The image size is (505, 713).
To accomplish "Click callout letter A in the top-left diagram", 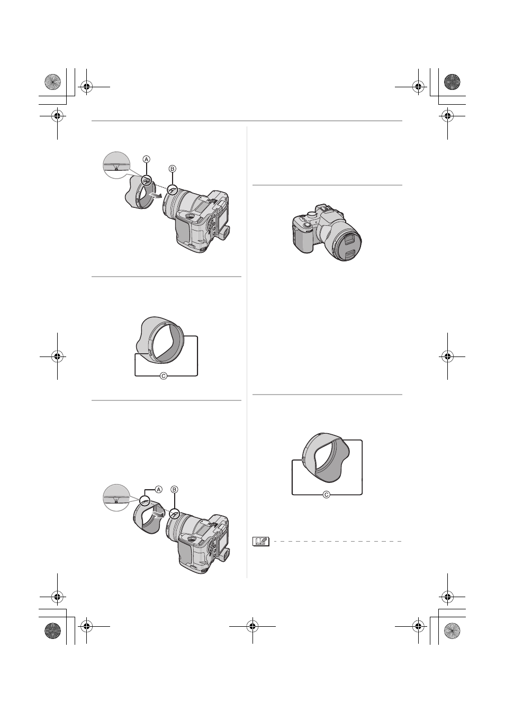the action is tap(146, 159).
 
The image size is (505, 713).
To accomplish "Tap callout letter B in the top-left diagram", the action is tap(173, 169).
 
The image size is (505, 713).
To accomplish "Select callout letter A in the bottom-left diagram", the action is tap(158, 489).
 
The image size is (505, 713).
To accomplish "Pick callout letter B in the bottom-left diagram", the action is tap(174, 489).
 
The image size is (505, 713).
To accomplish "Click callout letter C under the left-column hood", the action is tap(163, 376).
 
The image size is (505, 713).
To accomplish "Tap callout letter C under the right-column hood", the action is tap(327, 495).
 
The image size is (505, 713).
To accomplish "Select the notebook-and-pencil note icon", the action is tap(261, 541).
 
